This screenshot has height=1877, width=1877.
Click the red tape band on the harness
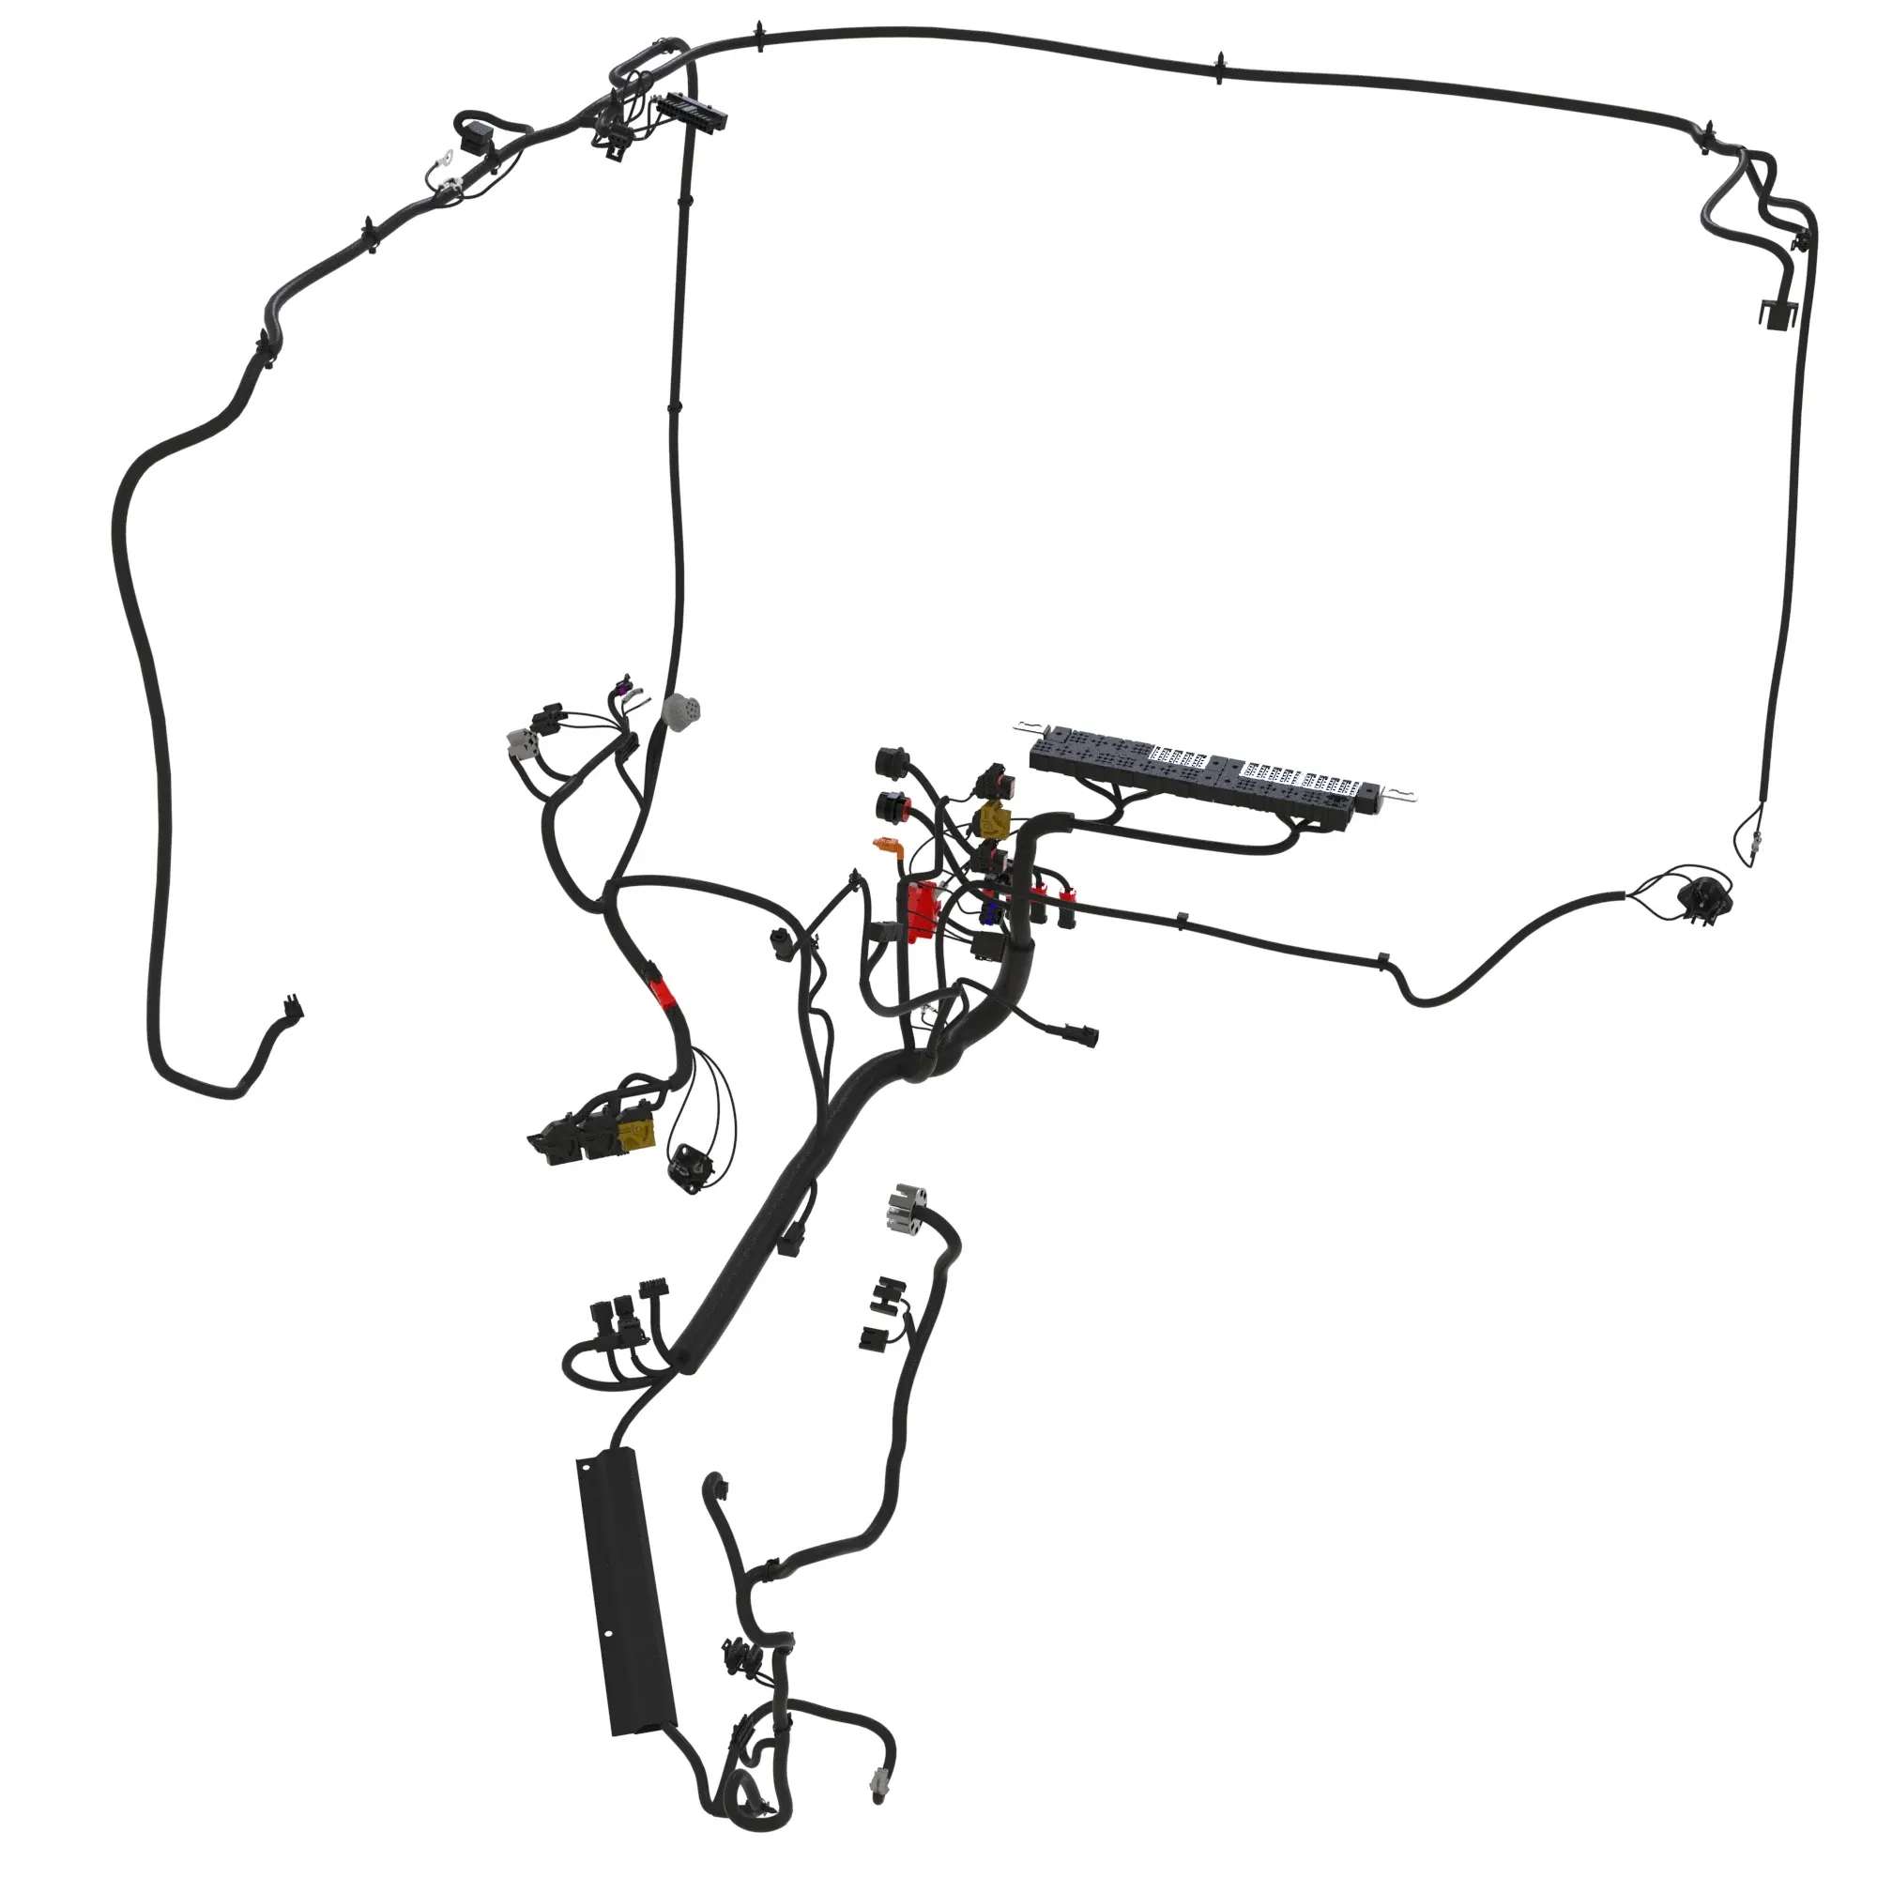pos(664,991)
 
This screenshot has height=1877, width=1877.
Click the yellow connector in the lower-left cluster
pos(638,1133)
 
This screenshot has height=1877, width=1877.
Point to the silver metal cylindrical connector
pos(905,1208)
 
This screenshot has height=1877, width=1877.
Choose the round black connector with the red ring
pos(891,805)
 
